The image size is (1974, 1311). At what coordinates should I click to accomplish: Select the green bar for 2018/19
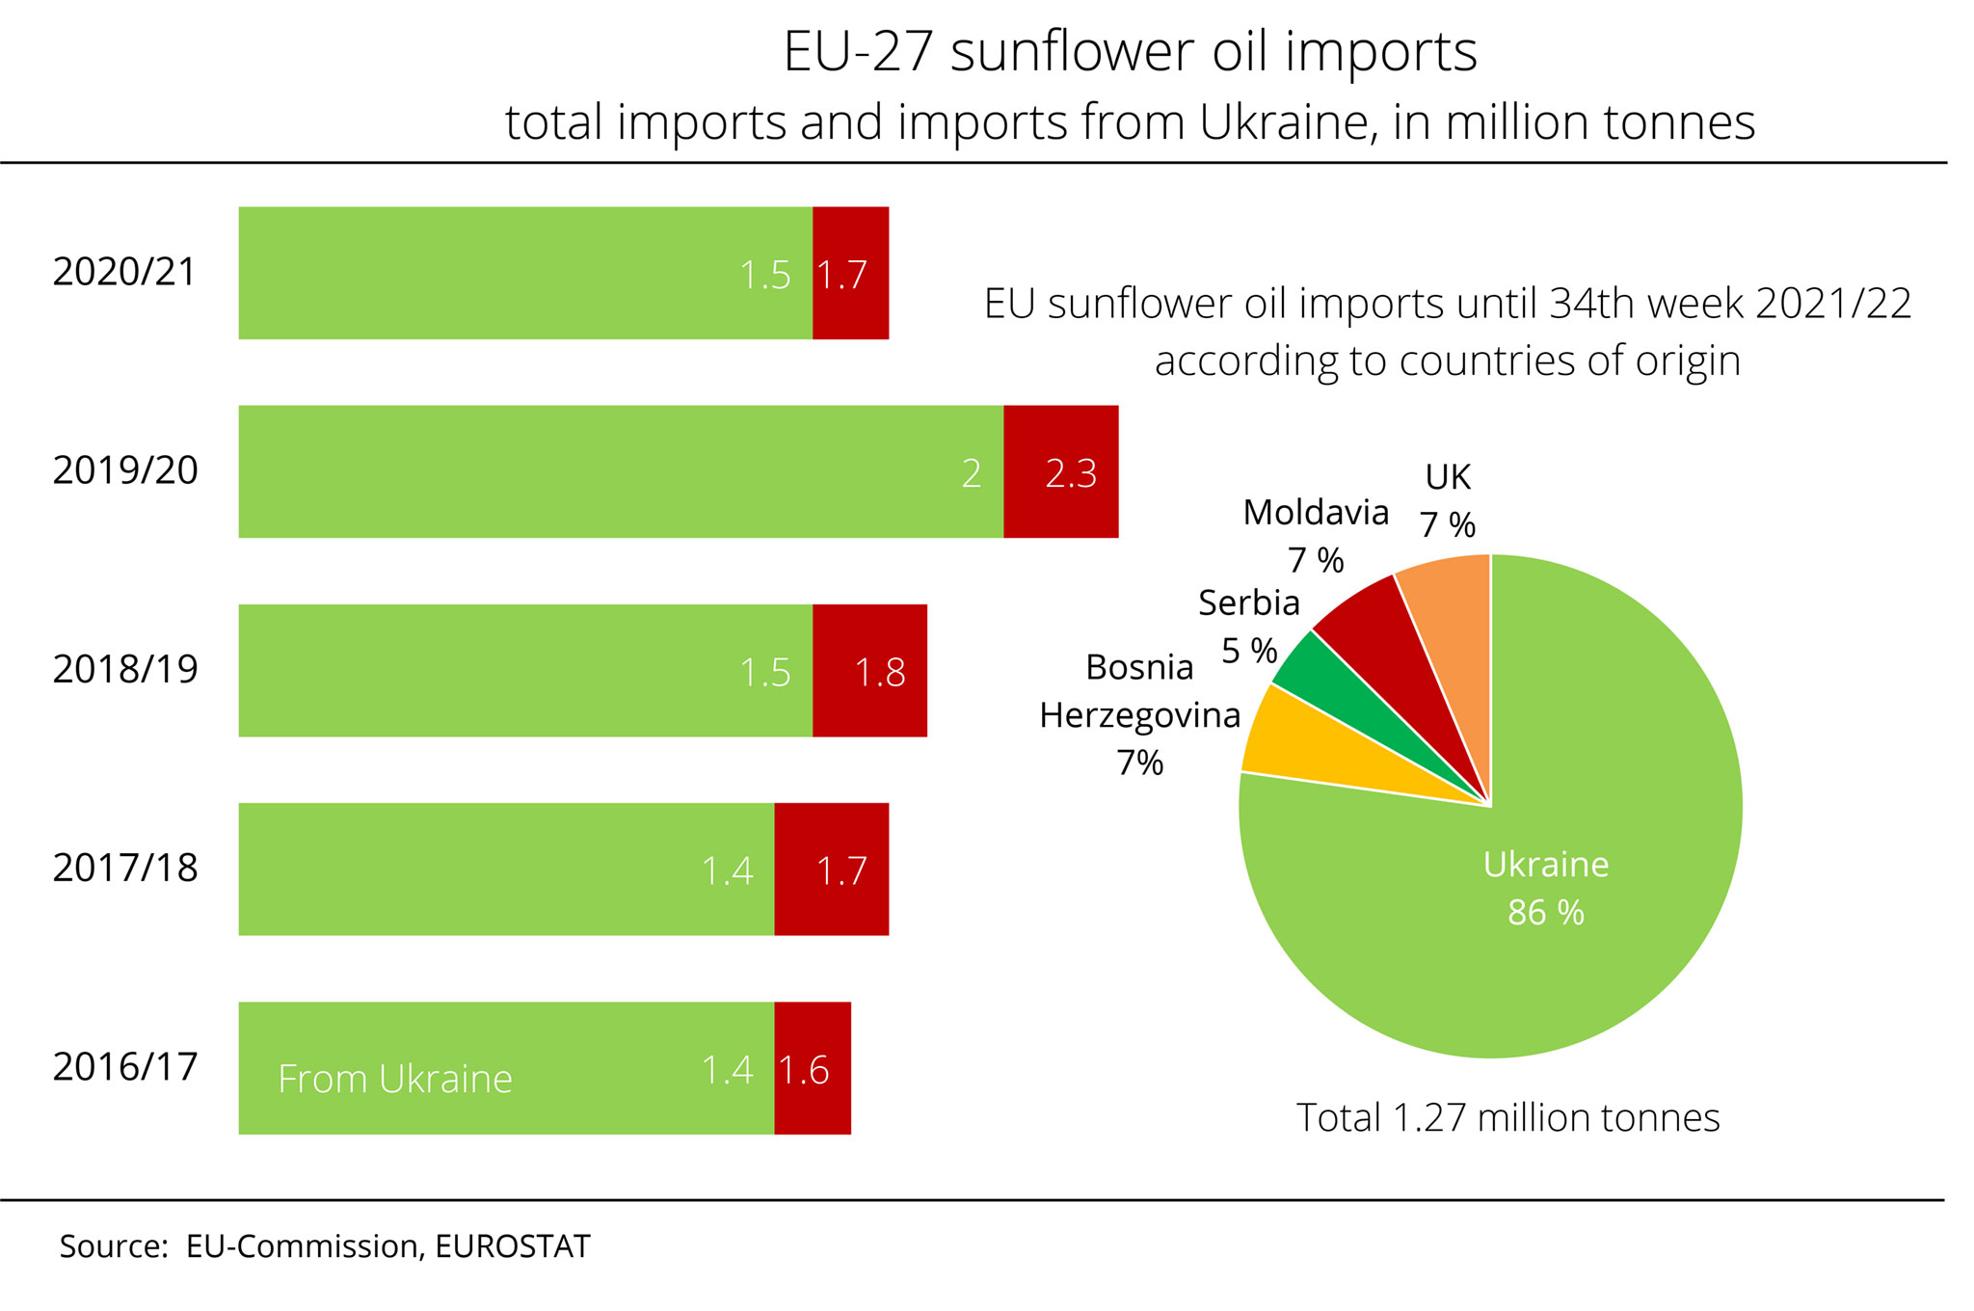[x=525, y=671]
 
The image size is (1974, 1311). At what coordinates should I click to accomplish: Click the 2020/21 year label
[x=124, y=273]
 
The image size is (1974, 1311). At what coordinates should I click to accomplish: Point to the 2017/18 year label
[x=124, y=869]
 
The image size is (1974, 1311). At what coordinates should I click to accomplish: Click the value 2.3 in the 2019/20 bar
[x=1071, y=473]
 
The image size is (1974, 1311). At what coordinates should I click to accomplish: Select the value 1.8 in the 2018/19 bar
[x=880, y=673]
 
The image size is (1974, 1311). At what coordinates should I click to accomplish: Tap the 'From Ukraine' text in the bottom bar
[x=394, y=1079]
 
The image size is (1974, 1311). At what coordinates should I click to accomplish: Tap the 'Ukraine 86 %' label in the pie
[x=1545, y=888]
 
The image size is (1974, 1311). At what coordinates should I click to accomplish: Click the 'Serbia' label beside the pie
[x=1248, y=603]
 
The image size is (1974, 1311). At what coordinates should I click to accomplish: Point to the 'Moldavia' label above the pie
[x=1316, y=513]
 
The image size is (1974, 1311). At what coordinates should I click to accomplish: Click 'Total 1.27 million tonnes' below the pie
[x=1507, y=1117]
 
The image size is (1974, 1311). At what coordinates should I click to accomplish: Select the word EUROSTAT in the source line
[x=512, y=1246]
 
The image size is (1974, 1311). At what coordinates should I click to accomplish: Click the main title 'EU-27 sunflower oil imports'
[x=1130, y=51]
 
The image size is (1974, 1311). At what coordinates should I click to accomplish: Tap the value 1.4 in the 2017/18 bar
[x=727, y=871]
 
